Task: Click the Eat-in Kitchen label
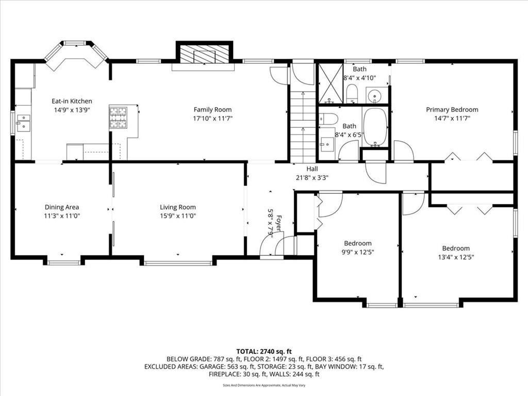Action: point(72,101)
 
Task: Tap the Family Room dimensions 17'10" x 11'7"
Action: point(212,118)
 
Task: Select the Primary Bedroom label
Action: point(452,109)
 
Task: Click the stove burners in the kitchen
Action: point(118,118)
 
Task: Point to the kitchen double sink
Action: point(24,122)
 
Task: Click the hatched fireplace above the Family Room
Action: point(204,54)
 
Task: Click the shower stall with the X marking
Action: point(331,83)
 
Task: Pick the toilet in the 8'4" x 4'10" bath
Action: point(352,94)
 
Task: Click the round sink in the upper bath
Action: point(374,96)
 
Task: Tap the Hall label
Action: point(312,169)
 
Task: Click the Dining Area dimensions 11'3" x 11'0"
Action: point(62,216)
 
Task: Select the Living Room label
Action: point(178,207)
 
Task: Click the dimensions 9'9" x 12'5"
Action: point(358,252)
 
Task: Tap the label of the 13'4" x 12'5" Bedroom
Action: point(456,248)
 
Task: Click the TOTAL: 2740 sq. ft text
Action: point(264,352)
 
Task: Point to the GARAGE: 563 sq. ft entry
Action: point(227,367)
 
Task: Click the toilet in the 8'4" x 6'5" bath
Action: point(328,119)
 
